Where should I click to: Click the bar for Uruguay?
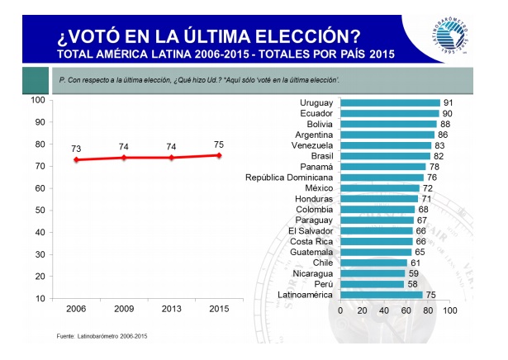point(390,103)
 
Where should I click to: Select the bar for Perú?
point(372,284)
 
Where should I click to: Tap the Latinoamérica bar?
point(382,295)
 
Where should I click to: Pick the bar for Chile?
point(373,263)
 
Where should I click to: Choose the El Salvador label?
point(310,231)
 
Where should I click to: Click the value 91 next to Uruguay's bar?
point(448,103)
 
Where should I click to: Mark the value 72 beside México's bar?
point(427,188)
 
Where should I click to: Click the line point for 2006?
point(76,159)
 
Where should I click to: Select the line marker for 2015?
point(219,155)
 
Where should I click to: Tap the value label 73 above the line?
point(76,149)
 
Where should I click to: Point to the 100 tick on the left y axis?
point(37,100)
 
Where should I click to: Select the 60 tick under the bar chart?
point(406,311)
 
